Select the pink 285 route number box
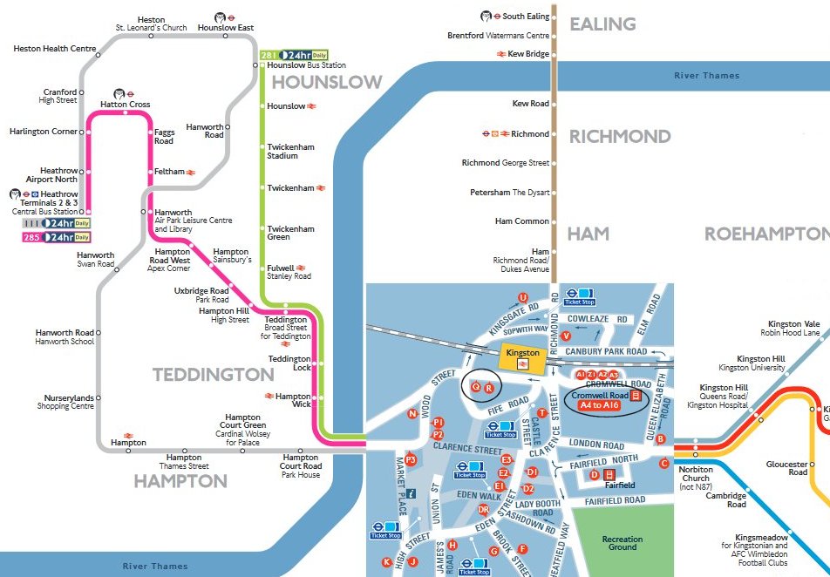tap(31, 237)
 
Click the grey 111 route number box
tap(31, 223)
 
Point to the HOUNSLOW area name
tap(327, 83)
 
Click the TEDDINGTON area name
tap(214, 375)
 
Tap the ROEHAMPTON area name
tap(766, 234)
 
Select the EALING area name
tap(603, 24)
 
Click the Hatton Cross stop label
tap(125, 105)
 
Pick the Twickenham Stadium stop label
tap(290, 151)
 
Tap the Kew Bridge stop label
tap(529, 54)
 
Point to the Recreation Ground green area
tap(622, 543)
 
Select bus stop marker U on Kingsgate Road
tap(523, 297)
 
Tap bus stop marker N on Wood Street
tap(412, 414)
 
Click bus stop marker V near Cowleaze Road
tap(566, 336)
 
